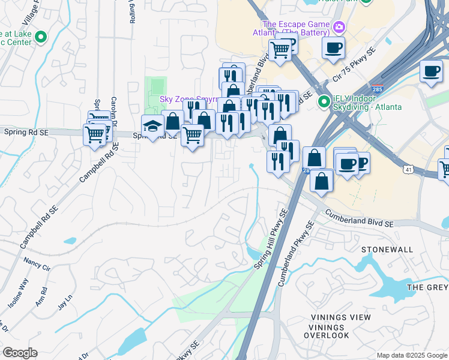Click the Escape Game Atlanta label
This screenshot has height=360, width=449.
[296, 28]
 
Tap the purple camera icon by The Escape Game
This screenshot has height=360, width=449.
[339, 26]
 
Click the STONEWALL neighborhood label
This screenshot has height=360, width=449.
[387, 249]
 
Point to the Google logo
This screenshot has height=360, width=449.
[20, 353]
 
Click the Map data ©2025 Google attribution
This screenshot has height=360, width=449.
[411, 355]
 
